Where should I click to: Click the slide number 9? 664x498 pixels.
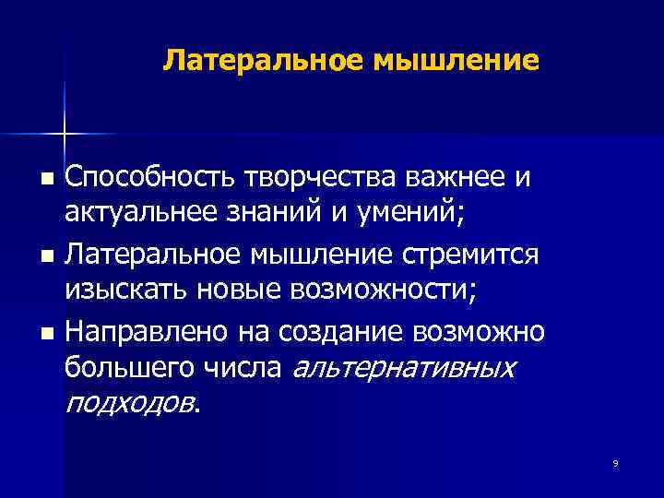point(615,464)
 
